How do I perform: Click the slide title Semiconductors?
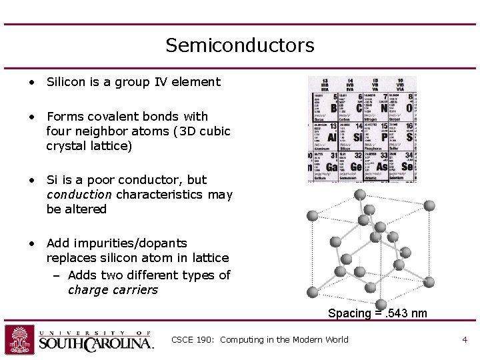pyautogui.click(x=239, y=45)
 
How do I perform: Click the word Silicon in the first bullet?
pyautogui.click(x=67, y=82)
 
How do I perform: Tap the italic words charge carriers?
pyautogui.click(x=113, y=290)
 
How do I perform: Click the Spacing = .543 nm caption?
pyautogui.click(x=377, y=313)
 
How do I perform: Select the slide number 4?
pyautogui.click(x=465, y=340)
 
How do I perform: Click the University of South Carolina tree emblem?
pyautogui.click(x=19, y=339)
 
